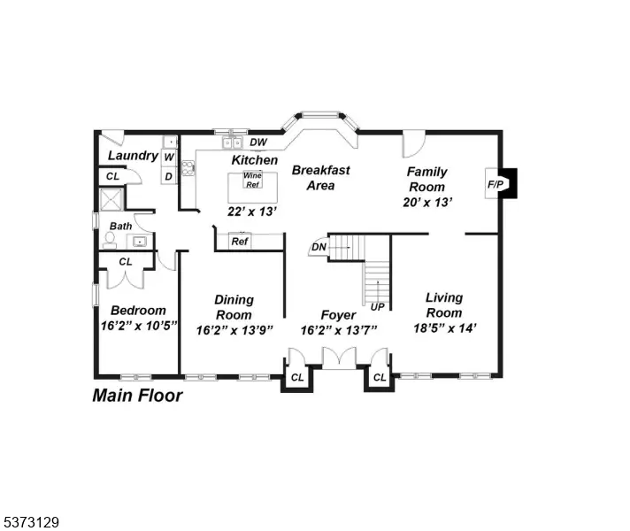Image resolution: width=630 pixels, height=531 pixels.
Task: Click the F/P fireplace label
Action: [495, 184]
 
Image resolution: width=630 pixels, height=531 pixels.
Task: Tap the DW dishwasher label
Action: [258, 142]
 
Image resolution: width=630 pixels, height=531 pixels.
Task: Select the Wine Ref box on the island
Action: [252, 180]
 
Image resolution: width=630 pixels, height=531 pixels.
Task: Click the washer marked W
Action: [169, 157]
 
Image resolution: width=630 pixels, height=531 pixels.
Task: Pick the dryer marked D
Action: [169, 175]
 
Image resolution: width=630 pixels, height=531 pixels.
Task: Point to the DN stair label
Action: [319, 247]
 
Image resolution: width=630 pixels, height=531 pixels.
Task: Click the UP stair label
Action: [377, 307]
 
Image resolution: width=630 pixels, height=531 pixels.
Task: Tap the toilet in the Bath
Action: [109, 240]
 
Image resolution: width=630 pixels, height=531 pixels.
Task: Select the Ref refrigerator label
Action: [240, 242]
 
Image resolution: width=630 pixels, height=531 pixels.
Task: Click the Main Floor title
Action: [137, 396]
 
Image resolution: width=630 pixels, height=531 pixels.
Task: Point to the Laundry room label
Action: [133, 156]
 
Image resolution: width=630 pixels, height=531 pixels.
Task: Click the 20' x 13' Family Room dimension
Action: [427, 202]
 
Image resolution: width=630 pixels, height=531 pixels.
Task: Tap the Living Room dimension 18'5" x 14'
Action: [445, 328]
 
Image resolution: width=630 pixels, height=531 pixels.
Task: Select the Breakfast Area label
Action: [320, 178]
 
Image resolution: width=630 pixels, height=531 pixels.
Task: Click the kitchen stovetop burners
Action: [188, 168]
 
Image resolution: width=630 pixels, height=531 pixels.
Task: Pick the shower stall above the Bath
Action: [111, 199]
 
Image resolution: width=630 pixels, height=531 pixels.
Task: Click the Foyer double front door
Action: [340, 358]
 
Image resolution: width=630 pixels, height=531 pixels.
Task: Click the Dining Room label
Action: [234, 307]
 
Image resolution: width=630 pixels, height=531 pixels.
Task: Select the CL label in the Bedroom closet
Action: [126, 262]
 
